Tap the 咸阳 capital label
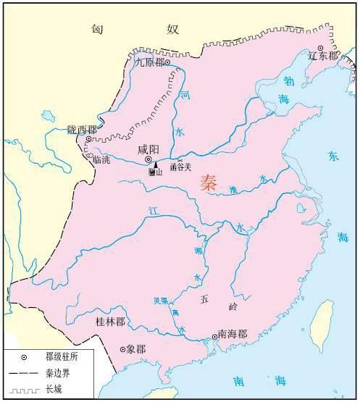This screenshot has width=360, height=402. (x=148, y=150)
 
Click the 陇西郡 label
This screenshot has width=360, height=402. (x=82, y=128)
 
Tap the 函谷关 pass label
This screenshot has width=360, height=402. (x=180, y=167)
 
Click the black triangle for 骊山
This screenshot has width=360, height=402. (x=155, y=164)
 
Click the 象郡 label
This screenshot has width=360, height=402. (x=135, y=349)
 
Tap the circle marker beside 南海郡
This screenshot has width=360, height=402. (x=214, y=335)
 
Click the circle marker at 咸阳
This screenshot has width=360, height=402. (x=148, y=160)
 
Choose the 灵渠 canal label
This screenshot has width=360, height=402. (x=161, y=300)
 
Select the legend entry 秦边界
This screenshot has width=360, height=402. (x=51, y=374)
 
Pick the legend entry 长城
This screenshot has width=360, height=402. (x=46, y=390)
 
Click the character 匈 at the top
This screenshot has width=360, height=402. (x=99, y=29)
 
